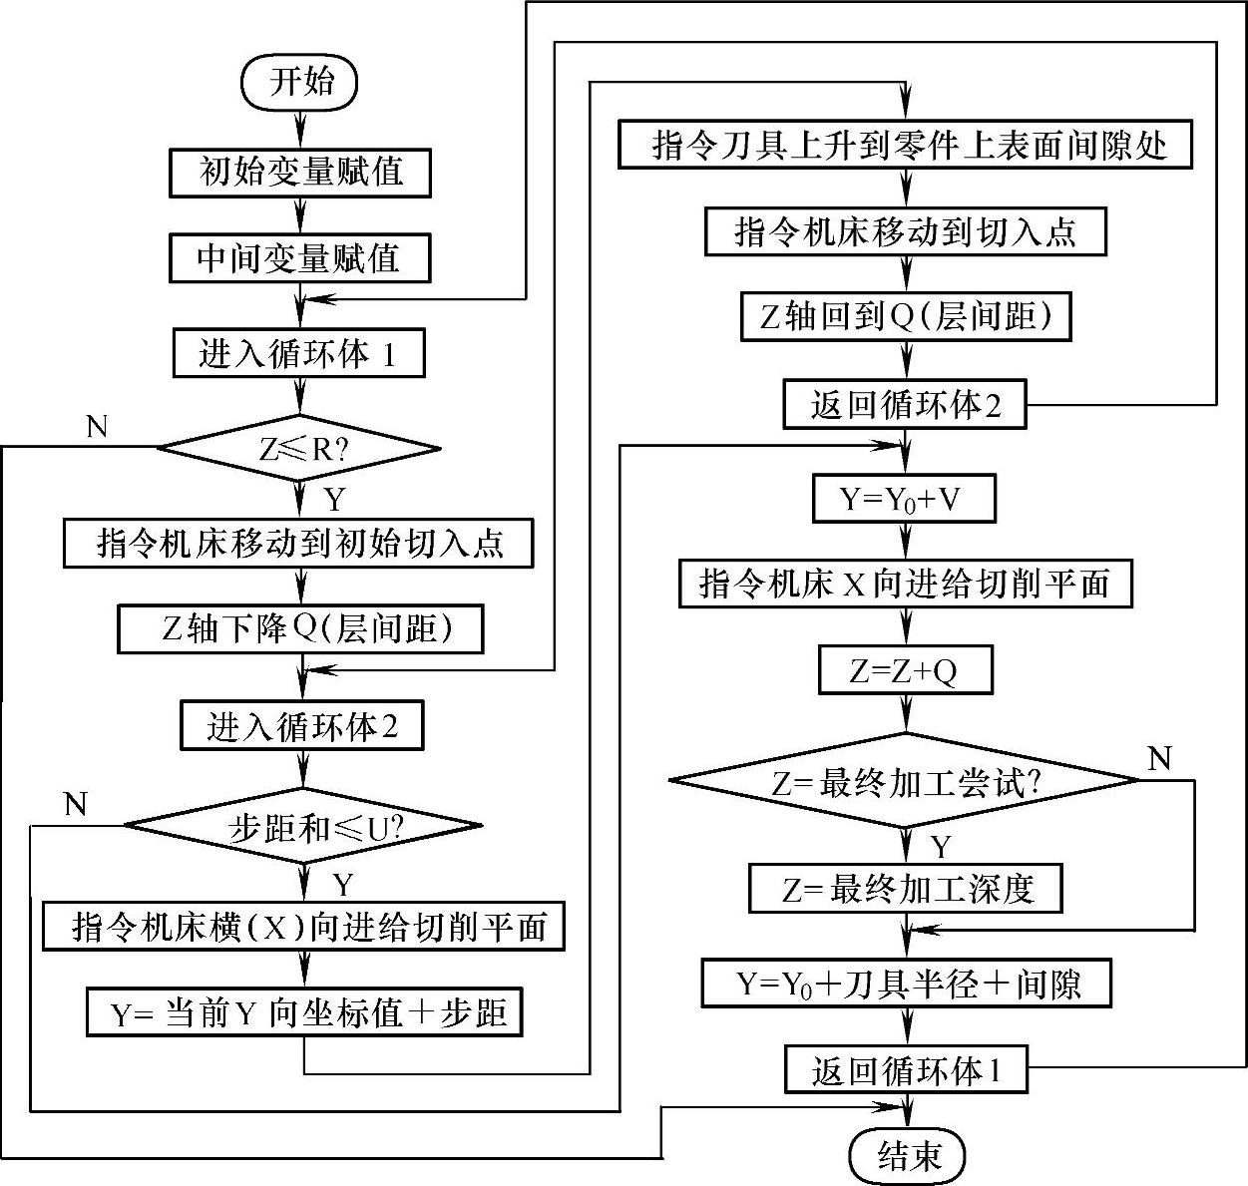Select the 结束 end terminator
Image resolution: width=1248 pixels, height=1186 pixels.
(908, 1156)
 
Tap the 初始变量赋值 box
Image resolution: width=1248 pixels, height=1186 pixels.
(300, 172)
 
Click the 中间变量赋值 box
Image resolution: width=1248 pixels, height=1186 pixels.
(299, 258)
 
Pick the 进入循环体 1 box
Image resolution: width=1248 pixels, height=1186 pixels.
(298, 353)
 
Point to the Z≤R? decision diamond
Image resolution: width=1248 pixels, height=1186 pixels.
(299, 448)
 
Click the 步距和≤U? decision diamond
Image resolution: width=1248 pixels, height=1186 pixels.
(302, 826)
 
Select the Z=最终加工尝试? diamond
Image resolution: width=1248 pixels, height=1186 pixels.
(905, 782)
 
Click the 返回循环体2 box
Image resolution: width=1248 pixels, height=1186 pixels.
(905, 404)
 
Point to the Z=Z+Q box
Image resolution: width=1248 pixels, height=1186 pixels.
(905, 670)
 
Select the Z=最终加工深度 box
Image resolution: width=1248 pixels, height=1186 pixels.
(905, 888)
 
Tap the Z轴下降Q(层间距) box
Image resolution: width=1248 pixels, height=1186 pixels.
(300, 628)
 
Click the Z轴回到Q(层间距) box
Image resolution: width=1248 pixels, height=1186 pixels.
(905, 316)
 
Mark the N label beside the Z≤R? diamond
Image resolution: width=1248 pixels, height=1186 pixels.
(97, 428)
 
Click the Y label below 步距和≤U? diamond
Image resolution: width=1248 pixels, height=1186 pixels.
(343, 885)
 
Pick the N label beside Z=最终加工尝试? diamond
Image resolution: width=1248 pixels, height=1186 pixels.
(1159, 759)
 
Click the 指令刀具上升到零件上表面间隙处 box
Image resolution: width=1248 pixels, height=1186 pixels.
(905, 146)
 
